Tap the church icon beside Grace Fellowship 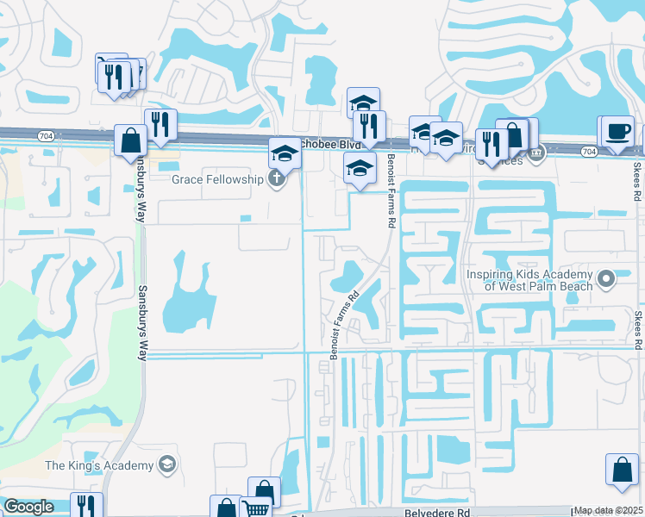(x=276, y=180)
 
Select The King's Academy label (x=99, y=466)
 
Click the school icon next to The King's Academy (x=166, y=466)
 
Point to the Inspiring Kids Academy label (x=530, y=280)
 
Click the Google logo (x=28, y=507)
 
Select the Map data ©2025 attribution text (x=608, y=510)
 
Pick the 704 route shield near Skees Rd (x=588, y=152)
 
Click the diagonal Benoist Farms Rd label (x=343, y=320)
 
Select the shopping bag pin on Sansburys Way (x=131, y=141)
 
